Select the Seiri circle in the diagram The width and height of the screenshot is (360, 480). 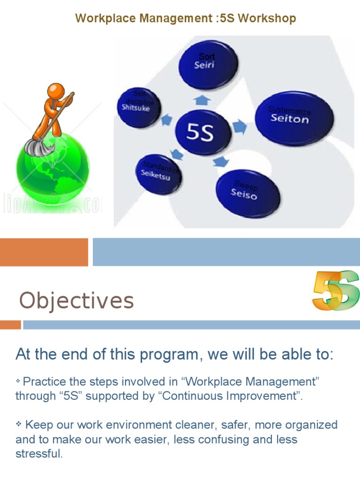[209, 65]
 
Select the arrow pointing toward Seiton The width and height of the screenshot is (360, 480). [239, 127]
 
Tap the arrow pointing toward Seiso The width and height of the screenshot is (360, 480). [220, 162]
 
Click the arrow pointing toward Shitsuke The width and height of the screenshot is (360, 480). [166, 120]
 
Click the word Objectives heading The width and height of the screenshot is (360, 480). [76, 300]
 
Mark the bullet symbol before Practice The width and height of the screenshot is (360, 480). [19, 380]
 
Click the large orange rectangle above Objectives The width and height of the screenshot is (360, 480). [44, 252]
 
